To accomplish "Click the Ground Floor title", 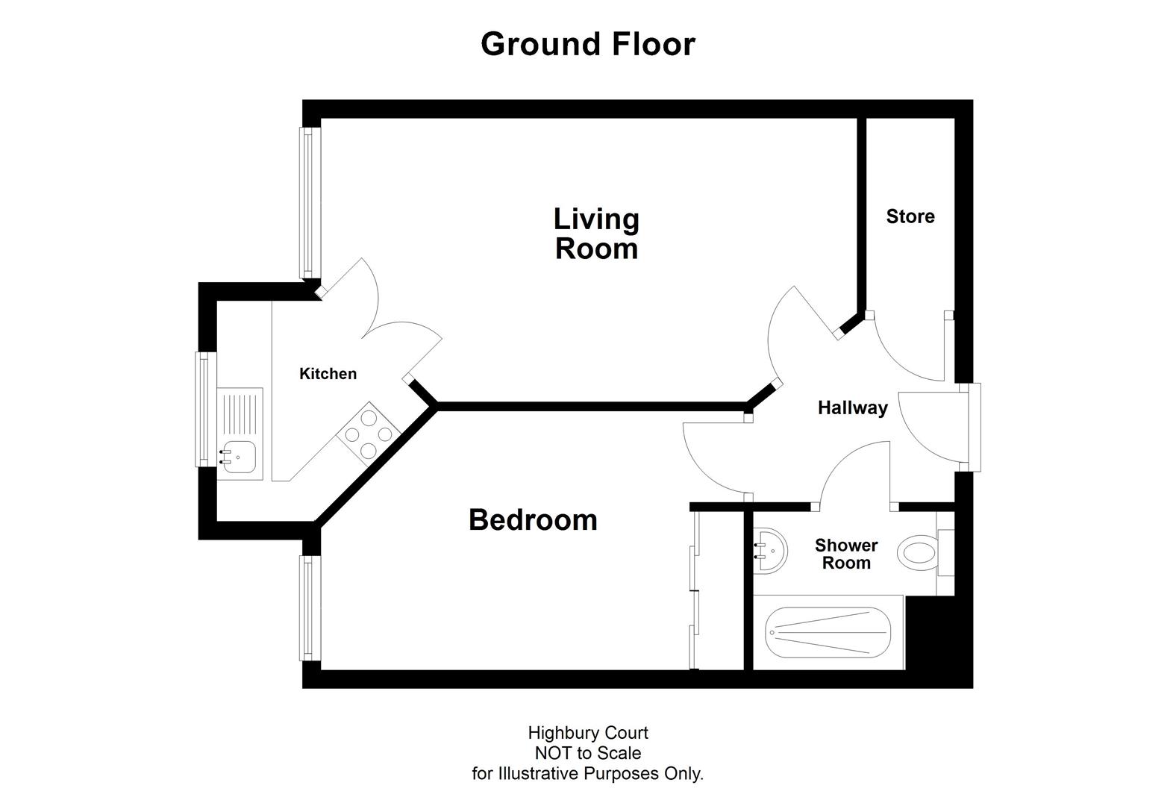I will tap(587, 44).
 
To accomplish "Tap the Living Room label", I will tap(596, 234).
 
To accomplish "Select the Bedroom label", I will tap(533, 519).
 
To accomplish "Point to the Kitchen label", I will tap(328, 374).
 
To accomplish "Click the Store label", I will tap(910, 216).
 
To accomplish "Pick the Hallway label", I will tap(852, 407).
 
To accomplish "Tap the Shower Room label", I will tap(846, 554).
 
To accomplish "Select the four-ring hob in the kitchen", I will tap(369, 434).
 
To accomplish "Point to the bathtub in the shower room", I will tap(828, 633).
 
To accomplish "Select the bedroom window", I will tap(308, 608).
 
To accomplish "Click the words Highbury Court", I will tap(587, 733).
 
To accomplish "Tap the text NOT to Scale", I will tap(587, 753).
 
